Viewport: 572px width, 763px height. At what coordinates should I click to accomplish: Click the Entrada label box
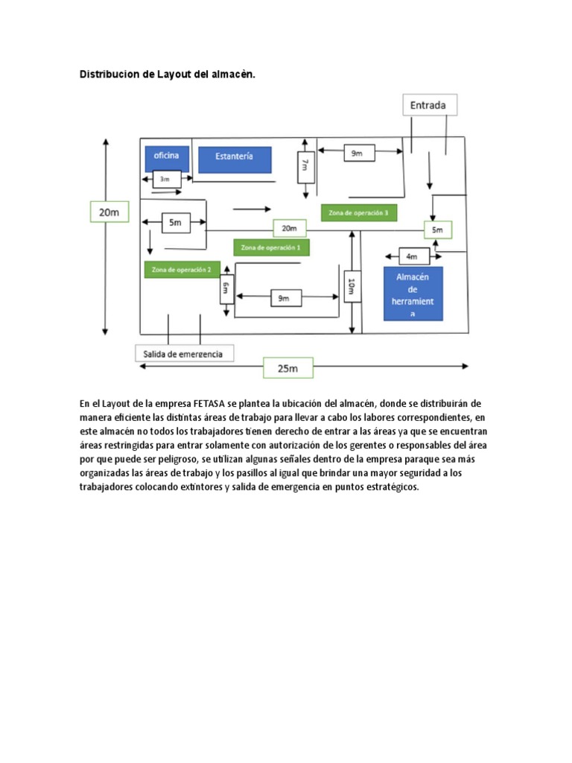pos(429,105)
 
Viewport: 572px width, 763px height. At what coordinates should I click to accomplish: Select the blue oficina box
pos(167,158)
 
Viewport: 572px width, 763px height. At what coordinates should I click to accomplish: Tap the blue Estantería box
pos(235,159)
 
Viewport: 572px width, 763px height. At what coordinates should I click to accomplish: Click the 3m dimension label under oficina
pos(165,179)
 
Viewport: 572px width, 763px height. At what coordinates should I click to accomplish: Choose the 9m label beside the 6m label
pos(283,297)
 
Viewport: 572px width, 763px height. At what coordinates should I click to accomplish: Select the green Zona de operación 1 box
pos(272,247)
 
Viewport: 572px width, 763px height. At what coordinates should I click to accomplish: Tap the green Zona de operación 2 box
pos(182,269)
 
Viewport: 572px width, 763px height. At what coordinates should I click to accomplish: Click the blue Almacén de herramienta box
pos(413,294)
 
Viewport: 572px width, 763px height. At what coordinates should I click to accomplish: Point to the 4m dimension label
pos(412,256)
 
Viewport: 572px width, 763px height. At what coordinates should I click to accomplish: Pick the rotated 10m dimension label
pos(351,285)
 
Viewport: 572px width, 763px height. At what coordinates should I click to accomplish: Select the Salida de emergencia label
pos(183,353)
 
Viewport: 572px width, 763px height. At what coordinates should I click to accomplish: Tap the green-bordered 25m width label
pos(287,368)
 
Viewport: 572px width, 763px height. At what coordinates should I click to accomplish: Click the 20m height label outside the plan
pos(109,212)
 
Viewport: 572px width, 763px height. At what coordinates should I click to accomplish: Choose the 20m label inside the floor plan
pos(289,229)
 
